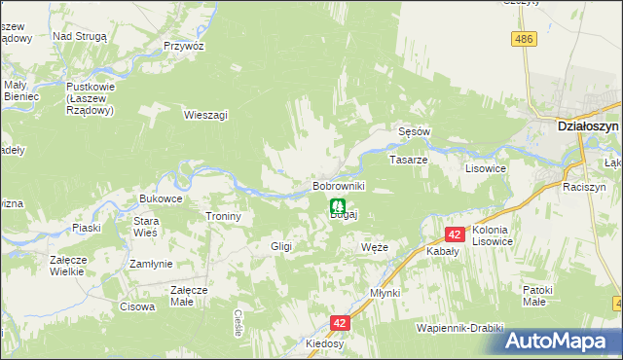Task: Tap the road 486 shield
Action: [x=525, y=38]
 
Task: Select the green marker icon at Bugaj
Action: [x=337, y=206]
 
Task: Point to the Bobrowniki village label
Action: [x=338, y=185]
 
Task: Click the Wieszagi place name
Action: [x=205, y=114]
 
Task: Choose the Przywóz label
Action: [x=183, y=46]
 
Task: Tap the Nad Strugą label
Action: [x=86, y=35]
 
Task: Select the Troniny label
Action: [x=223, y=216]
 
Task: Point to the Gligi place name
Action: [x=281, y=247]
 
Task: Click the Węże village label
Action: [x=374, y=247]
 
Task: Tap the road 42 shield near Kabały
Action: [x=455, y=234]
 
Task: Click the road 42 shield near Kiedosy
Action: [x=339, y=322]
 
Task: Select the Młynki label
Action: [x=385, y=292]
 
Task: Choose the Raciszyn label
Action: [x=584, y=186]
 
